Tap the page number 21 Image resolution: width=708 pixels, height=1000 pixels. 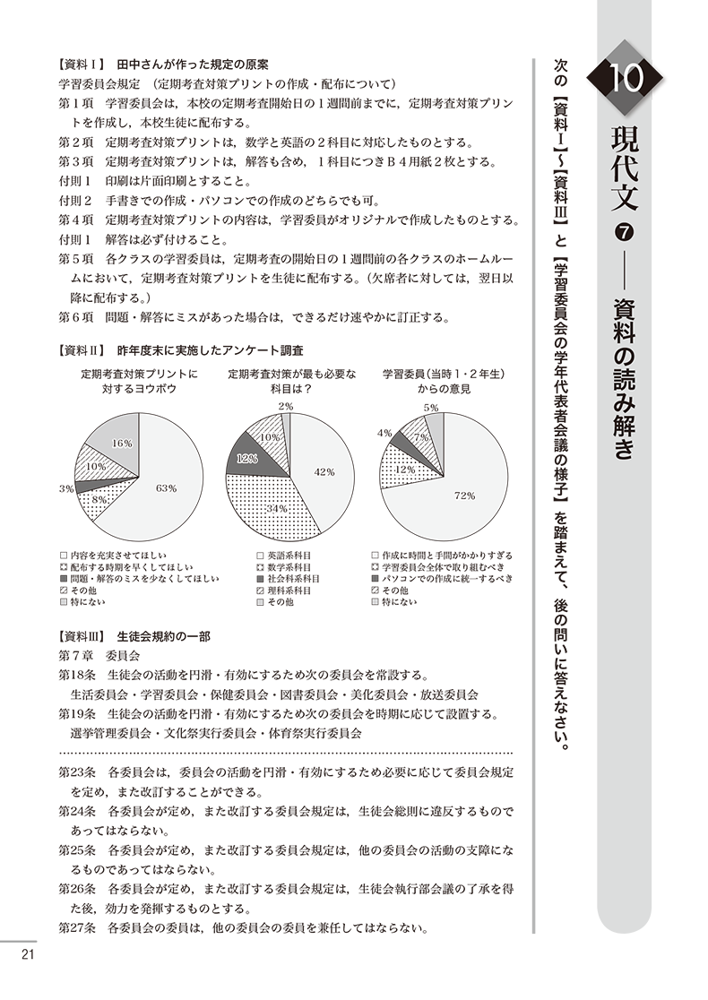[x=28, y=953]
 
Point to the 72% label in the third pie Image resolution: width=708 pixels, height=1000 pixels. [x=464, y=495]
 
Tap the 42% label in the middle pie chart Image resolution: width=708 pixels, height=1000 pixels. [x=324, y=472]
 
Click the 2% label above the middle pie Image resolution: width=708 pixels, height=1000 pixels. [x=286, y=406]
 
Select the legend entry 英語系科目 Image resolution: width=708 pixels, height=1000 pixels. [x=287, y=556]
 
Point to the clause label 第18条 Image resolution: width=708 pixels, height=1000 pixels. [x=76, y=675]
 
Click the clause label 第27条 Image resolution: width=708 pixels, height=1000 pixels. [x=76, y=927]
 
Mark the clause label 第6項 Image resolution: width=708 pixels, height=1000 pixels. [x=76, y=316]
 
